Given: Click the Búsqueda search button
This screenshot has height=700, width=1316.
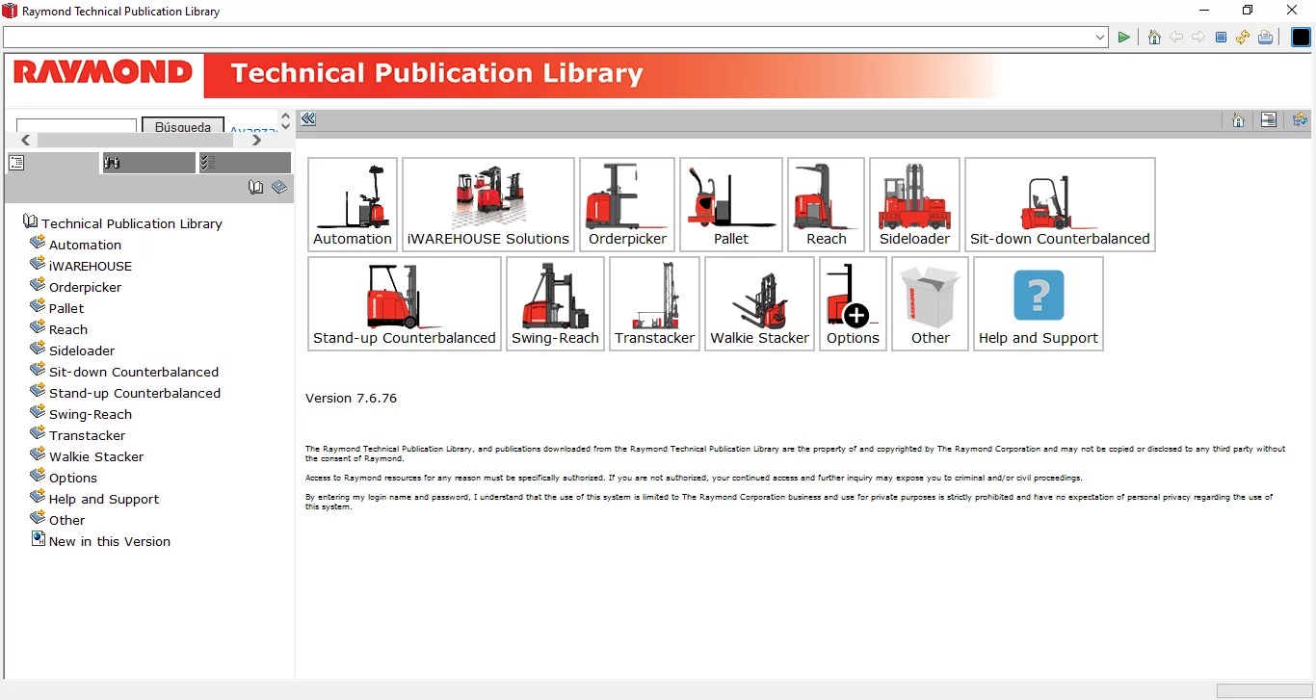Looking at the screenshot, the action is click(183, 126).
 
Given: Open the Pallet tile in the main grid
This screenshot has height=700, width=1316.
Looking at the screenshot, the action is click(731, 204).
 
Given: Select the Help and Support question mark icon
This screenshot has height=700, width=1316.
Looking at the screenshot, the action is click(1039, 295).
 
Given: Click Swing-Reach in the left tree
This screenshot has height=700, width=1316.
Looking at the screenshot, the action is click(91, 414).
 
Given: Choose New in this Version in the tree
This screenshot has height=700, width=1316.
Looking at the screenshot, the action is click(110, 541).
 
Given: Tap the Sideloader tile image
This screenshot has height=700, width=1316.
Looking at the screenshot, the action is click(914, 196).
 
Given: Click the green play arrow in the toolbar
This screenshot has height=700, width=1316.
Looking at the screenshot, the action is click(1123, 38).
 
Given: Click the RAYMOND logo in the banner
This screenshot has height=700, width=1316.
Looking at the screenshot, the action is click(103, 72).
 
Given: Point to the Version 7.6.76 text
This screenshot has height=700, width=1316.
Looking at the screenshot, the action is click(351, 399).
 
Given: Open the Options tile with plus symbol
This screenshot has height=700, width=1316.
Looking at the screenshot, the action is click(853, 303).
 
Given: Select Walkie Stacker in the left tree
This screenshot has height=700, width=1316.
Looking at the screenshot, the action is click(96, 456).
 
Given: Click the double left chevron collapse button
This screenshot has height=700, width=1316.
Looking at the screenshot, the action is click(308, 119).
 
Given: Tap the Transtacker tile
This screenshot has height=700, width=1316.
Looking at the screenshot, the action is click(654, 303).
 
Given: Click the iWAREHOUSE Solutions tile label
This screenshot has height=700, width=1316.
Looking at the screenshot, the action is click(487, 239).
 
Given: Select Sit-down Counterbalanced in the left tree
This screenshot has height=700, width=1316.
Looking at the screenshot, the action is click(134, 372).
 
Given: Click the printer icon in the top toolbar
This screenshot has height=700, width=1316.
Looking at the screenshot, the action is click(1266, 38).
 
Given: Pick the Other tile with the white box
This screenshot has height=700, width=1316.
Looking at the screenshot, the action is click(930, 303).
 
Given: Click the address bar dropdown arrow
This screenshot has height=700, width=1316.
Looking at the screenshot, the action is click(1100, 38).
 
